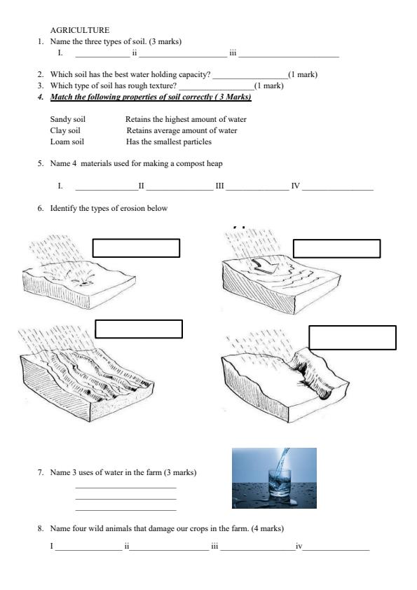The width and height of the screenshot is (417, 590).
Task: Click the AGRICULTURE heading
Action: point(80,30)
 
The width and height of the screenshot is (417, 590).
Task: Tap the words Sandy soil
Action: point(68,119)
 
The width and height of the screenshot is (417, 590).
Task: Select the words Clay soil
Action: point(65,130)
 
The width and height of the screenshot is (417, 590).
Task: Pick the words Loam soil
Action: point(67,142)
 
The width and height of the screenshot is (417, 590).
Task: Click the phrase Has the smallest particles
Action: point(169,142)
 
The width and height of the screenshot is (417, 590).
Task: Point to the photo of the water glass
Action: point(274,478)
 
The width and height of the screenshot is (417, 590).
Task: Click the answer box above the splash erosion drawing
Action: point(136,248)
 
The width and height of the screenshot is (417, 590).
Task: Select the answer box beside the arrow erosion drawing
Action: point(337,248)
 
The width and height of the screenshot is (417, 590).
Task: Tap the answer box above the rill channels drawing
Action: point(139,329)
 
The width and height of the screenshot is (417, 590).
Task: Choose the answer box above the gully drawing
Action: point(353,338)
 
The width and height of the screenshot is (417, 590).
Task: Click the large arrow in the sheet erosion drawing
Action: point(266,266)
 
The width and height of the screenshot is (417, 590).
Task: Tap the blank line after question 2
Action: point(250,78)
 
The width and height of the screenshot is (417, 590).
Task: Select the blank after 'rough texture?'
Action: point(217,90)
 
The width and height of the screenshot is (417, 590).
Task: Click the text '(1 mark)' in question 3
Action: point(269,85)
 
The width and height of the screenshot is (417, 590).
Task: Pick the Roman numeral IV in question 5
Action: point(296,186)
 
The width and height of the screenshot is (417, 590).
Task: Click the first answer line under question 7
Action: point(125,488)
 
